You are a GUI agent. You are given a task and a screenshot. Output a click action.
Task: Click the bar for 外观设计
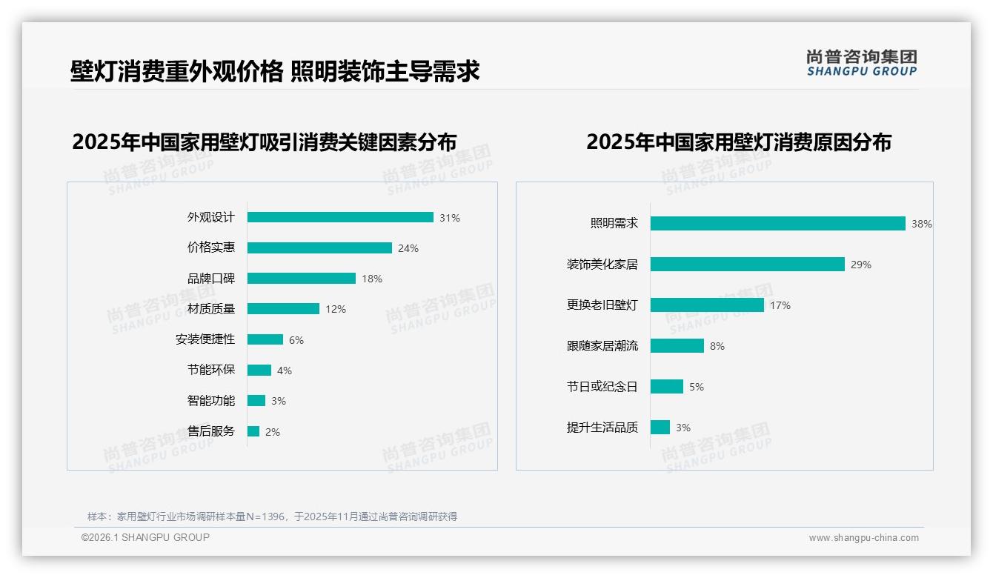coord(340,217)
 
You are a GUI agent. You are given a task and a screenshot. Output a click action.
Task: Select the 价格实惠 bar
coord(319,248)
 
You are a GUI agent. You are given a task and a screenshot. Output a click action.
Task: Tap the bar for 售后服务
coord(253,431)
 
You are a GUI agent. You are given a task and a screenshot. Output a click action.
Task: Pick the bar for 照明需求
coord(777,223)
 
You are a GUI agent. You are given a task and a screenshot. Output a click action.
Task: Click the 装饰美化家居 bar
coord(747,264)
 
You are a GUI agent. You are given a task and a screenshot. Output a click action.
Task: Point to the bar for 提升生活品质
coord(660,427)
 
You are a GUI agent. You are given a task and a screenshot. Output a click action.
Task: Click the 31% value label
coord(450,218)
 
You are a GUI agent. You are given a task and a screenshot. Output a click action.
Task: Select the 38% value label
coord(922,224)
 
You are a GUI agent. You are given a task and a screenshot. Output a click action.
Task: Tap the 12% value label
coord(336,309)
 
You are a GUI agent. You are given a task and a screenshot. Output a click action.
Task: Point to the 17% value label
coord(780,305)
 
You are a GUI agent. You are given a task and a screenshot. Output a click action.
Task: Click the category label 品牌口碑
coord(211,279)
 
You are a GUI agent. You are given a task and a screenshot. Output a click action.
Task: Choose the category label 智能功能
coord(211,401)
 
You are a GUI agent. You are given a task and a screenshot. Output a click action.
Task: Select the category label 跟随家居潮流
coord(602,346)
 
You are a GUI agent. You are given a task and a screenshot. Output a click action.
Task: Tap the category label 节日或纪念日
coord(602,387)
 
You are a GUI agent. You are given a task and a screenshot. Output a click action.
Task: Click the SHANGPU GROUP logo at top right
coord(862,63)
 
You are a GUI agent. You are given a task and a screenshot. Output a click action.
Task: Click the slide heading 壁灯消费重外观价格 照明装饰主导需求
coord(275,71)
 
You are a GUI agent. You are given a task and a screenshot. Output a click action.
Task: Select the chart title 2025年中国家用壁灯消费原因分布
coord(739,142)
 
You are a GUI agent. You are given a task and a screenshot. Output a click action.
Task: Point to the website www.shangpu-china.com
coord(863,538)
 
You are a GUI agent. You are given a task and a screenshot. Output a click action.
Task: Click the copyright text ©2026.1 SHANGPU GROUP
coord(145,537)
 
